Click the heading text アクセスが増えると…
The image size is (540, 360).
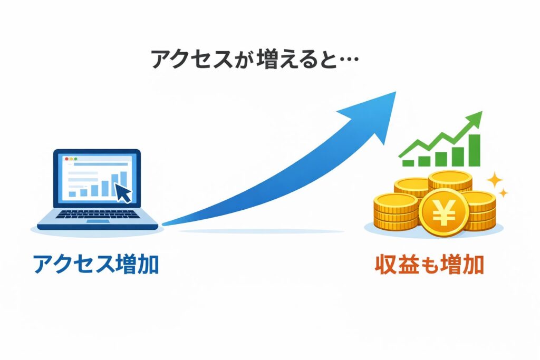pos(255,59)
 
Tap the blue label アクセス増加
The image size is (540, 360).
pos(96,264)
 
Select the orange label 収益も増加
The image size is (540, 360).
pos(429,264)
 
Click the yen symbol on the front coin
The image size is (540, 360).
pos(443,213)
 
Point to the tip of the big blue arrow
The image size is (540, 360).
pos(396,92)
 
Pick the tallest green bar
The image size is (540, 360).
pos(474,150)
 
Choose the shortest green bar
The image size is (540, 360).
pos(409,163)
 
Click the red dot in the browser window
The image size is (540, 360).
pos(66,159)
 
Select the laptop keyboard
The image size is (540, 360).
pos(98,215)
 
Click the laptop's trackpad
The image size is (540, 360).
pos(98,221)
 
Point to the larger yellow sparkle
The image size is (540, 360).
pos(495,180)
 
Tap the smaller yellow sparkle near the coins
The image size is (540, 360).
pos(504,193)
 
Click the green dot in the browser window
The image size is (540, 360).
pos(75,159)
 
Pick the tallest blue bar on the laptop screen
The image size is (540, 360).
pos(123,183)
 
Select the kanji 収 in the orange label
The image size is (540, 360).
pos(385,264)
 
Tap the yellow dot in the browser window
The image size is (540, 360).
pos(71,159)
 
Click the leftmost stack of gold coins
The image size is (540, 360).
pos(396,212)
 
